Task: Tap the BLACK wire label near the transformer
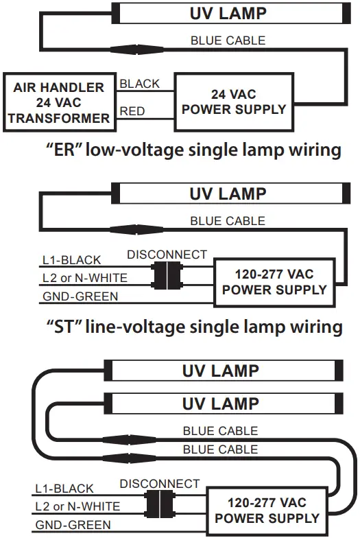coord(139,84)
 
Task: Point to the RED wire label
coord(133,111)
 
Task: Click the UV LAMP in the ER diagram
coord(227,13)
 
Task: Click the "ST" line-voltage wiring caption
coord(194,326)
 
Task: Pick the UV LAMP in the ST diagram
coord(227,194)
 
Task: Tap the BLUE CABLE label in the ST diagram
coord(227,221)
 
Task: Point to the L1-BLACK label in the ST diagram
coord(71,260)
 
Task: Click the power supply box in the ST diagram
coord(274,281)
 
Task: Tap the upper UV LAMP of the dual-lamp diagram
coord(220,371)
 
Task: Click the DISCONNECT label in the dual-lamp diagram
coord(160,484)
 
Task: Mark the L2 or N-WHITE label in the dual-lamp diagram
coord(77,506)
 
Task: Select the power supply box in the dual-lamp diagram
coord(267,510)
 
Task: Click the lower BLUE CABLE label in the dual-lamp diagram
coord(220,449)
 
